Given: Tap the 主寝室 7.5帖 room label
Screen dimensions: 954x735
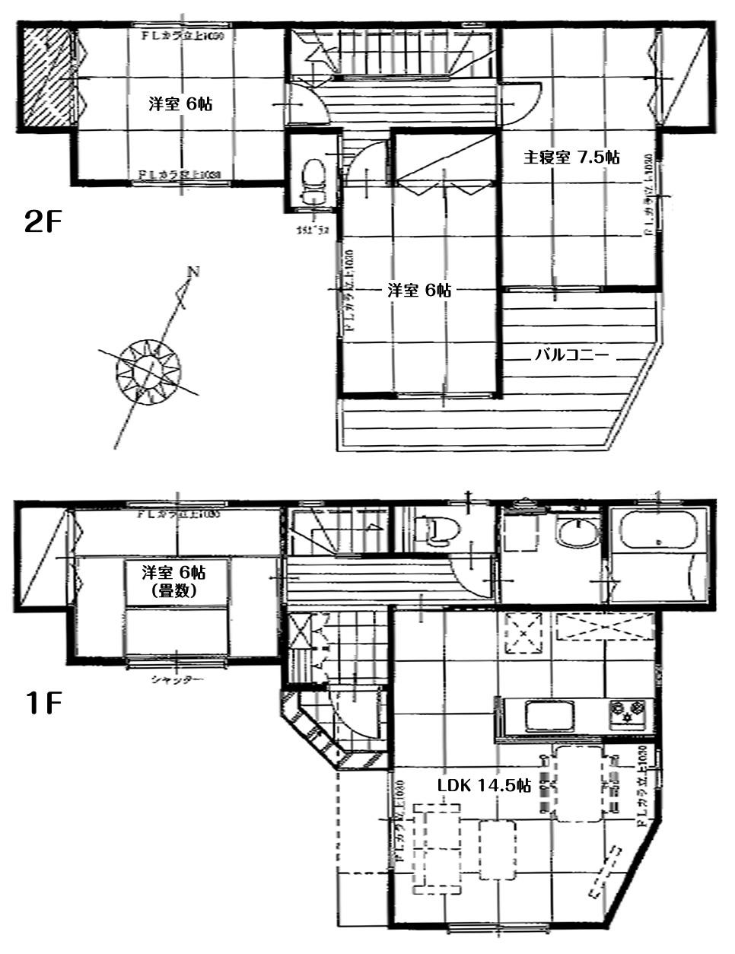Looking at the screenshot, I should [x=570, y=157].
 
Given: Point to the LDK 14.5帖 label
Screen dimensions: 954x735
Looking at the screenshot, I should [x=483, y=785].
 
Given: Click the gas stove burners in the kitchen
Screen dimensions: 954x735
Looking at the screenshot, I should [x=626, y=713].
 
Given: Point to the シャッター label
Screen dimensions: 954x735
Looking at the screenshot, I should [x=177, y=679].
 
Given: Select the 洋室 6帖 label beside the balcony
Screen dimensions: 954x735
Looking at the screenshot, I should [x=419, y=290].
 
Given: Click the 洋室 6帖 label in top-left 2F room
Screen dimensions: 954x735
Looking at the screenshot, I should [x=180, y=104].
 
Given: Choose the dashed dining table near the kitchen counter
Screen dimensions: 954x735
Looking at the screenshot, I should [x=580, y=784].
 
